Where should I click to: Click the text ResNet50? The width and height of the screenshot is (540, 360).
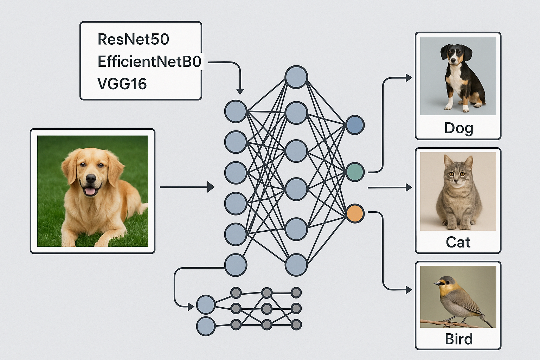(133, 39)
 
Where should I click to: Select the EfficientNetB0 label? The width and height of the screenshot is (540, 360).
(149, 62)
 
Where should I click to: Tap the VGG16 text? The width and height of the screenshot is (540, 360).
(122, 84)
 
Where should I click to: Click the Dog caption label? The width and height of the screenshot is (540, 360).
(458, 128)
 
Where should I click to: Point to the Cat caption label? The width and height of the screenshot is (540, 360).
(458, 242)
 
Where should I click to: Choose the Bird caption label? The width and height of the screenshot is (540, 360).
(458, 339)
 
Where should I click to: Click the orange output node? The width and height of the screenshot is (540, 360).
(355, 213)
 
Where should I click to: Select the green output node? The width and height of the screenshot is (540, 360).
(355, 172)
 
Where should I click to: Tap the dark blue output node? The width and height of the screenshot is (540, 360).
(355, 125)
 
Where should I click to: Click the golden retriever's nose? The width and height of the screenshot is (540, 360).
(90, 179)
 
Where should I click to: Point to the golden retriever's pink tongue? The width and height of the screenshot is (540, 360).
(90, 191)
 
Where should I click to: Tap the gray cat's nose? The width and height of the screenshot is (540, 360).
(456, 181)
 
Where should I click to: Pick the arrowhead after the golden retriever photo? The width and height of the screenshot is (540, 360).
(211, 187)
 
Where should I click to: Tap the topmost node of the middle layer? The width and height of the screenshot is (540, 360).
(296, 77)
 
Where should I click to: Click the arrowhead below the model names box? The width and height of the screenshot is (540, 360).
(240, 91)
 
